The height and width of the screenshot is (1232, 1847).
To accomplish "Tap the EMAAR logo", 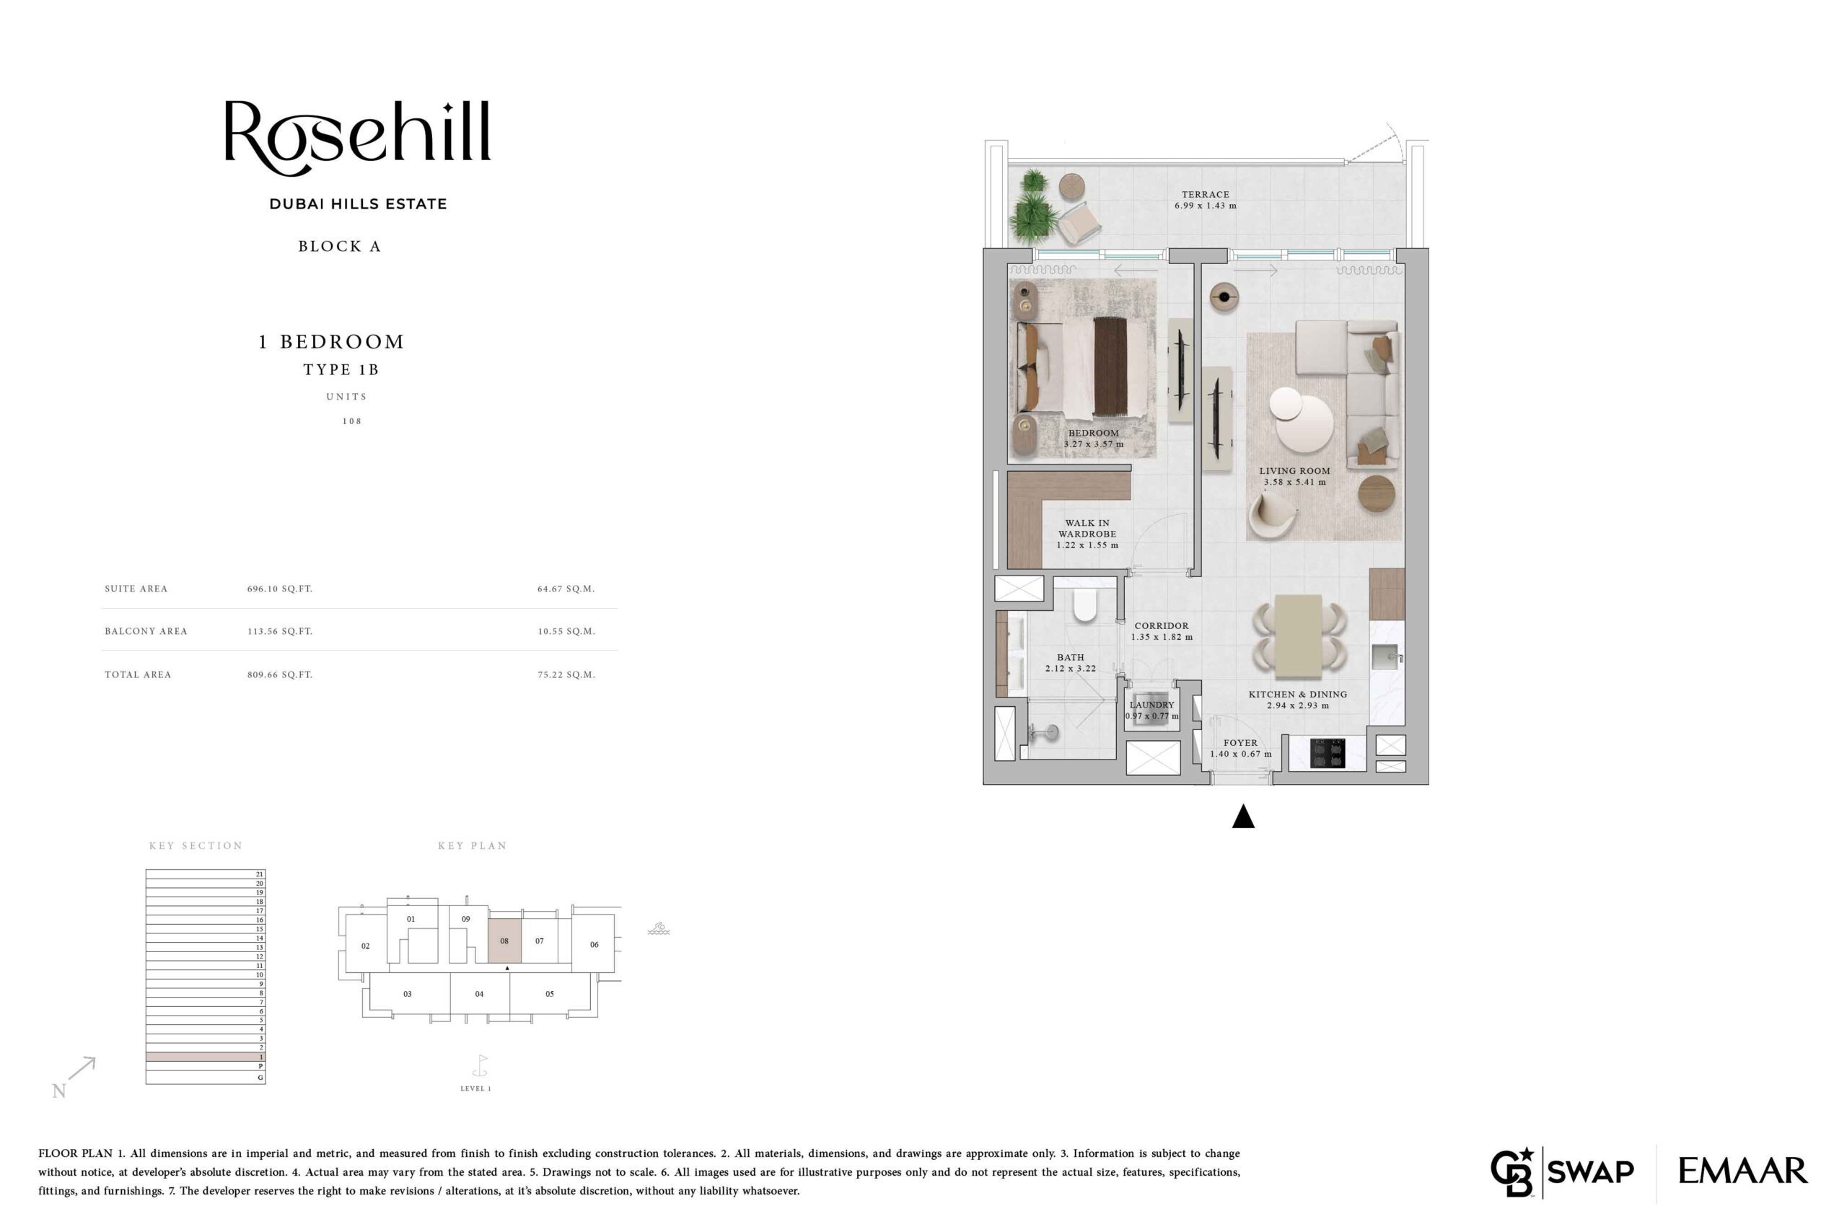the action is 1742,1171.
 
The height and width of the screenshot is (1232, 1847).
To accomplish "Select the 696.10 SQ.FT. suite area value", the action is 280,589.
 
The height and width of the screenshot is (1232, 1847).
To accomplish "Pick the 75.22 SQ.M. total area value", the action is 566,674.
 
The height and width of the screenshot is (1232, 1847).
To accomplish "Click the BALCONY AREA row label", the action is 146,631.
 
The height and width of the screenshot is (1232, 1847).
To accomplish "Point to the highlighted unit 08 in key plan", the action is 504,941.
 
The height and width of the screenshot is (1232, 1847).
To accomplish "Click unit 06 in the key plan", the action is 595,944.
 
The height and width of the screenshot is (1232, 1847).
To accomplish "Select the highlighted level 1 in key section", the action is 205,1057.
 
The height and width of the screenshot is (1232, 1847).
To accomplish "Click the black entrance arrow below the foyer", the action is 1242,817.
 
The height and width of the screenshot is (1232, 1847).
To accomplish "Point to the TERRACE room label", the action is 1205,194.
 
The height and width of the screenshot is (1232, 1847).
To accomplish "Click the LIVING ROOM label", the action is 1294,470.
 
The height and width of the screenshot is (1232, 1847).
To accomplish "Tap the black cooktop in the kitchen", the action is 1328,753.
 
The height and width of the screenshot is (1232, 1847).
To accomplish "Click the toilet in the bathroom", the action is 1085,605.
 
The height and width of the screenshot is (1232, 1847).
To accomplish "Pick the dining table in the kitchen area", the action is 1299,635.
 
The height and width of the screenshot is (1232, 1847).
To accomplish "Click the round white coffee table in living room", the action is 1303,421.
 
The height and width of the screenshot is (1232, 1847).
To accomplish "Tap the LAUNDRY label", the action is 1151,705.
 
